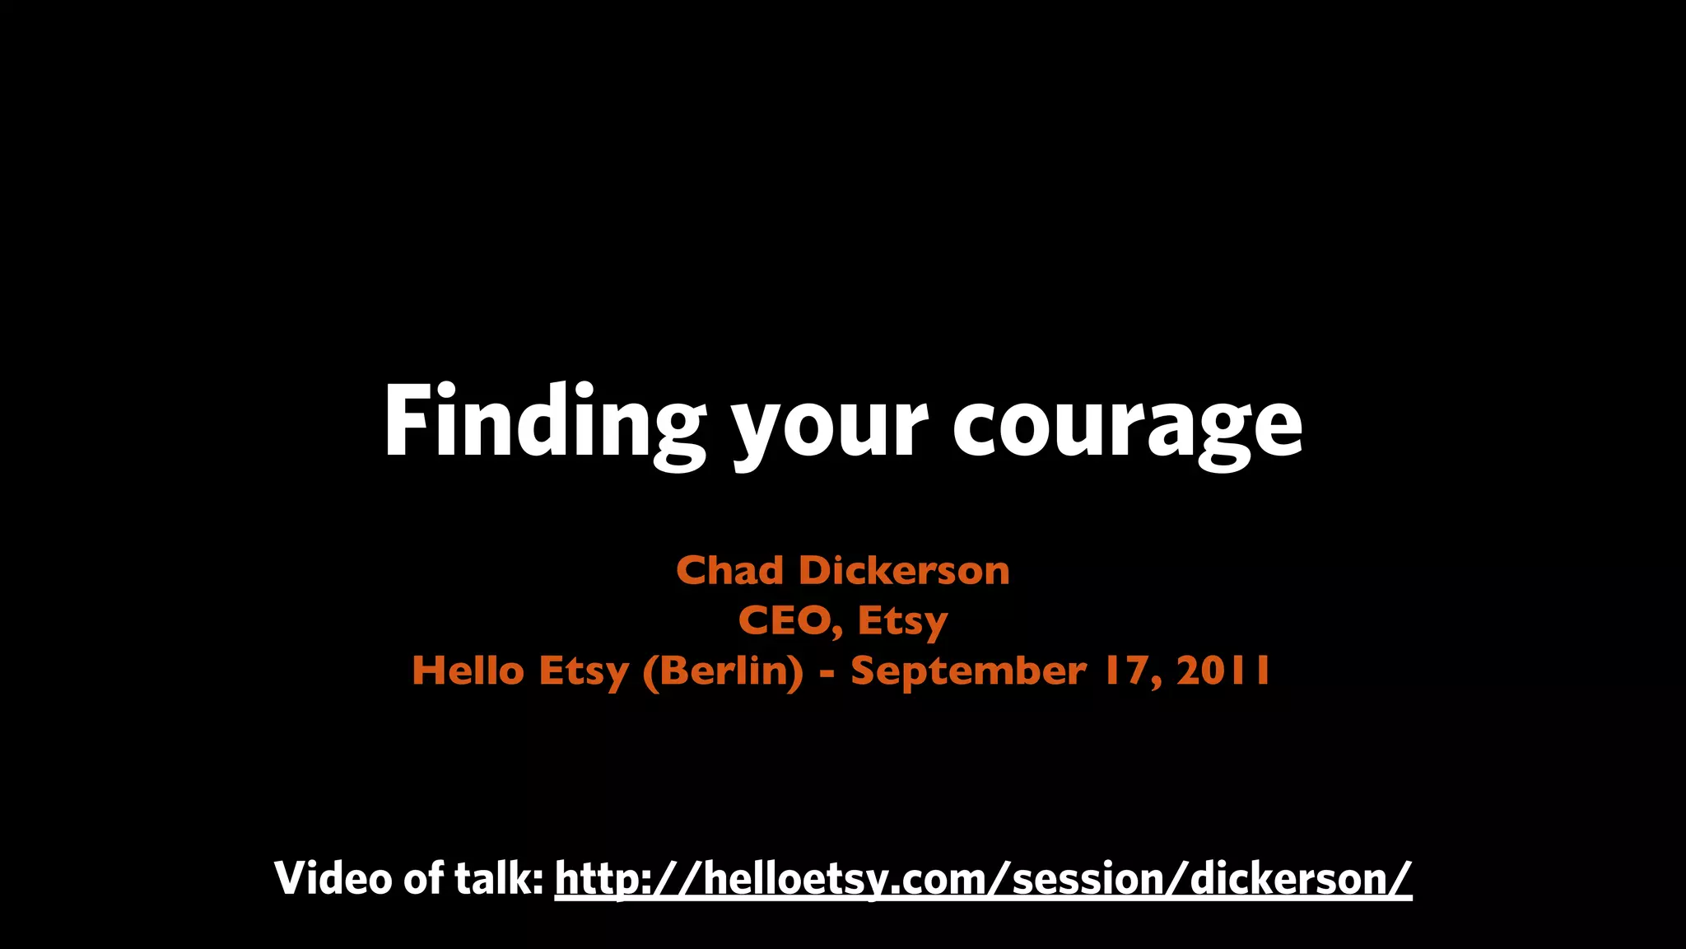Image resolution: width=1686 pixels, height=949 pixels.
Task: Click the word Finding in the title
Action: click(x=543, y=422)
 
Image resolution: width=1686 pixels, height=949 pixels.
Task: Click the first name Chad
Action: click(x=729, y=570)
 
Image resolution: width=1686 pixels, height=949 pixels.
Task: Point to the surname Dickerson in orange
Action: click(x=904, y=570)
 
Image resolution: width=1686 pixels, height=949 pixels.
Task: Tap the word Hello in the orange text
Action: click(x=468, y=671)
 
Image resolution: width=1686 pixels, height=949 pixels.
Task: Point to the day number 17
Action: click(x=1132, y=671)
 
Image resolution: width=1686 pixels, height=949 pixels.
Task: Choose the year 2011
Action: click(x=1223, y=671)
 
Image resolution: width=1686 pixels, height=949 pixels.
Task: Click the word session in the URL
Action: click(x=1088, y=879)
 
